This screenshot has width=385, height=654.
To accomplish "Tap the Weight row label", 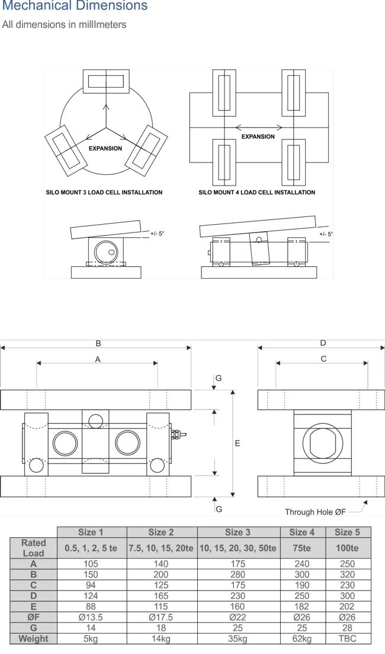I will pyautogui.click(x=33, y=639).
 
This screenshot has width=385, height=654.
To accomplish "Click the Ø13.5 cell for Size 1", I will pyautogui.click(x=91, y=617).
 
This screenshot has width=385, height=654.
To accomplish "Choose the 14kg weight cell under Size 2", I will pyautogui.click(x=161, y=639).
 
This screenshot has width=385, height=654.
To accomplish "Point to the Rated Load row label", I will pyautogui.click(x=33, y=548).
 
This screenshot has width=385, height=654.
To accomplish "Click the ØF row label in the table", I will pyautogui.click(x=33, y=617).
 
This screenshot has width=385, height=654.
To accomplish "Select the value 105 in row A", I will pyautogui.click(x=91, y=564).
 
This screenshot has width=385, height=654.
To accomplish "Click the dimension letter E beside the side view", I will pyautogui.click(x=238, y=443).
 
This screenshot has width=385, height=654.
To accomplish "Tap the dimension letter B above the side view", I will pyautogui.click(x=98, y=343).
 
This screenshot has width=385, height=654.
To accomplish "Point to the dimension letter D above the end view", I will pyautogui.click(x=323, y=343).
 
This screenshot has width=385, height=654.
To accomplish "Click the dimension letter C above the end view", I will pyautogui.click(x=323, y=359).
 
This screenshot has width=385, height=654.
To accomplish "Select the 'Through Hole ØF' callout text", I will pyautogui.click(x=315, y=512).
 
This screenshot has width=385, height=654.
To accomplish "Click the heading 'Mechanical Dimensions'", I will pyautogui.click(x=75, y=7).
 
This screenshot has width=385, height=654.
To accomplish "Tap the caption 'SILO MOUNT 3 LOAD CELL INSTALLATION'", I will pyautogui.click(x=104, y=193).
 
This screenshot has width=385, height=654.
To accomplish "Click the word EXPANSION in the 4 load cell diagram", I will pyautogui.click(x=258, y=136).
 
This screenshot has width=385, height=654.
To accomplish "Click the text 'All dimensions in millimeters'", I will pyautogui.click(x=64, y=25).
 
